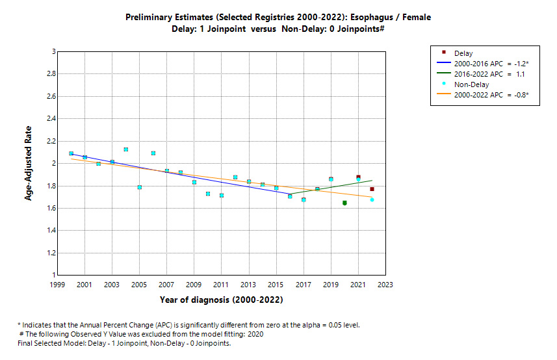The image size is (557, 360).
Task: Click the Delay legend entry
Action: [463, 53]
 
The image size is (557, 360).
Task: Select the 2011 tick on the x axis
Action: [221, 285]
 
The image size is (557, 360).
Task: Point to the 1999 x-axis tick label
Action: [57, 285]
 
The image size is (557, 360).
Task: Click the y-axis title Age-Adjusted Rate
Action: [29, 163]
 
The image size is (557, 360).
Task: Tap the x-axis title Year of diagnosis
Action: [221, 300]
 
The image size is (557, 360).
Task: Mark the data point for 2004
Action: [125, 149]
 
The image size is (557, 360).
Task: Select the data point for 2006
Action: [153, 153]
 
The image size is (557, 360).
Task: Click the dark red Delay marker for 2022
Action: [372, 189]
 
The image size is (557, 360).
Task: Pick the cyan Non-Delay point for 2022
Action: [372, 199]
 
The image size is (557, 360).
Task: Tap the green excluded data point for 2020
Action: [344, 203]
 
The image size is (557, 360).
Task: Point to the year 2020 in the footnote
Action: [255, 334]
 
